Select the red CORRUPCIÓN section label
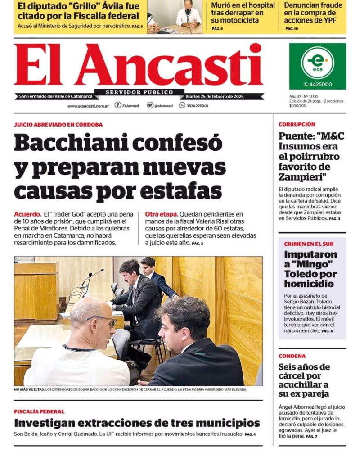tap(297, 124)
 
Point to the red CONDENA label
tap(292, 356)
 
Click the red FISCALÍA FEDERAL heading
tap(39, 411)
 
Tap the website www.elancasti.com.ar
tap(88, 106)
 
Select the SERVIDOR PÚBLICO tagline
tap(139, 92)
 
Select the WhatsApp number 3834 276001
tap(197, 106)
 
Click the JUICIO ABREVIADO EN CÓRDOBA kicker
tap(58, 124)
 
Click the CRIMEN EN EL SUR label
tap(309, 244)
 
